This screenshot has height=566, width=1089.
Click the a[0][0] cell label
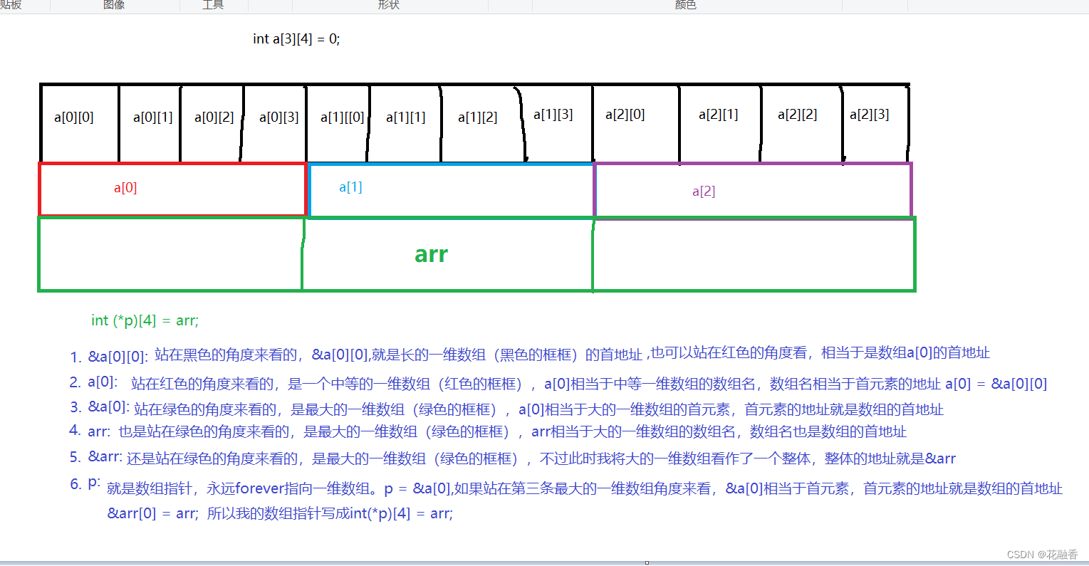point(74,117)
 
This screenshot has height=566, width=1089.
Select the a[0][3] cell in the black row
point(278,117)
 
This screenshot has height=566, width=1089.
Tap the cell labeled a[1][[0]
point(343,117)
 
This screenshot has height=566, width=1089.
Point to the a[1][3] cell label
point(553,115)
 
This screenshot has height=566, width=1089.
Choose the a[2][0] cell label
point(625,115)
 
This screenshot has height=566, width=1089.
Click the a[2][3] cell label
point(869,115)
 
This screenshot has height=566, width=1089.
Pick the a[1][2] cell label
point(477,117)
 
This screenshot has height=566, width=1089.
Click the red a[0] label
point(125,188)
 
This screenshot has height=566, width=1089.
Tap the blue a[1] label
point(350,187)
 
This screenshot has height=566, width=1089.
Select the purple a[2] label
point(704,192)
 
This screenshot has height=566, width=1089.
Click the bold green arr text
point(431,254)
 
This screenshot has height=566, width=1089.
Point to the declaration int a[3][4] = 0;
point(296,39)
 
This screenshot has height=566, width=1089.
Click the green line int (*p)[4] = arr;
point(145,320)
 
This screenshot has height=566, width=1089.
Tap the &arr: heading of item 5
point(105,456)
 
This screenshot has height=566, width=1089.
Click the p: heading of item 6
point(94,483)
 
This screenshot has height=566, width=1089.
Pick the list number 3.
point(75,407)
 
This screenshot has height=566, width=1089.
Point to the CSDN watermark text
point(1042,555)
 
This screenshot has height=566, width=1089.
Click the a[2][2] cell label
point(797,115)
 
